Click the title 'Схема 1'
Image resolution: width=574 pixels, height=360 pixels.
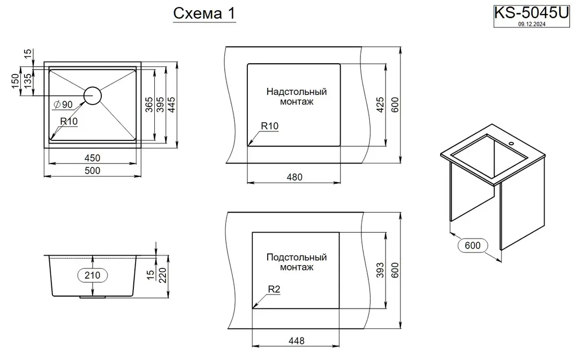pos(204,13)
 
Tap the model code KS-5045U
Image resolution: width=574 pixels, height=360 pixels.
pos(532,13)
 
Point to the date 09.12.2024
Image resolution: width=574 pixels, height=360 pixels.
pos(532,24)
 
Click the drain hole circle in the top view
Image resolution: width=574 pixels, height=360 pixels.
pos(92,95)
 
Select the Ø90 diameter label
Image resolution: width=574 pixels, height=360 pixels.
pos(63,105)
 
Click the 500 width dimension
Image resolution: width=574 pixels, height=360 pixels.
pos(92,170)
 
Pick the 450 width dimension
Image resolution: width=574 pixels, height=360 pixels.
pos(92,158)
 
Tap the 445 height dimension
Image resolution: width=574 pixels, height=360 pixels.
pos(171,105)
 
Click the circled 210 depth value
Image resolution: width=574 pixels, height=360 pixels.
pos(92,275)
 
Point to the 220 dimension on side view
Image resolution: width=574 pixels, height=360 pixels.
pos(162,275)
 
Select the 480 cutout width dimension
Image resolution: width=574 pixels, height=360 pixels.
pos(294,177)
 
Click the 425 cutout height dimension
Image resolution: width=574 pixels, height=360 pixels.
pos(380,105)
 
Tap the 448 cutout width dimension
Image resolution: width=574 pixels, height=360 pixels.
pos(296,341)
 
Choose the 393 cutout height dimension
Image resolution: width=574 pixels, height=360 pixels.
pos(380,271)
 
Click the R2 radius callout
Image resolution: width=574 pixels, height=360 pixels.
pos(274,289)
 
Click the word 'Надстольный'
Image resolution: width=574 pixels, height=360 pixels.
pos(297,92)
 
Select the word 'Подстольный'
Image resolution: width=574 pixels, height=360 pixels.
pos(297,257)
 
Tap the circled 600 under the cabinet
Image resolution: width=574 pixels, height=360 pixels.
pos(473,245)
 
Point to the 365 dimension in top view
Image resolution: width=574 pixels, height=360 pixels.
pos(149,105)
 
